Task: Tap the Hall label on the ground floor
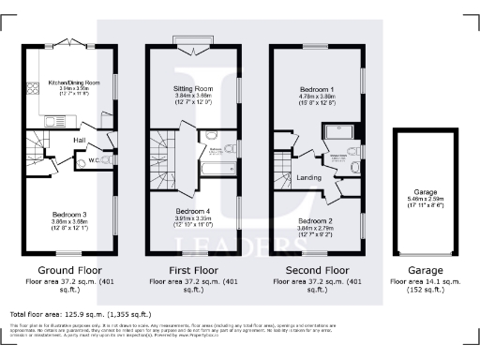[x=80, y=141]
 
